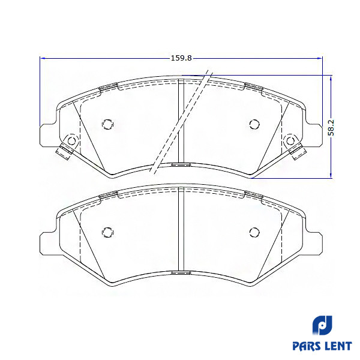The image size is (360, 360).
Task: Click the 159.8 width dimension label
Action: click(x=181, y=58)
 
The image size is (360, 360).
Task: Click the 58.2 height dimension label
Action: click(x=331, y=127)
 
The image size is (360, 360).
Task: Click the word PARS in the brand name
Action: click(x=307, y=346)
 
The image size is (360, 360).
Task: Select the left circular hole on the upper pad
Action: click(x=107, y=124)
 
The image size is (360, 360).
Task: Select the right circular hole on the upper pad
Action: click(x=254, y=124)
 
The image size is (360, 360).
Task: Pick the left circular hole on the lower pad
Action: click(x=107, y=232)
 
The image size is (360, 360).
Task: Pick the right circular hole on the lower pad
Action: click(x=254, y=232)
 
